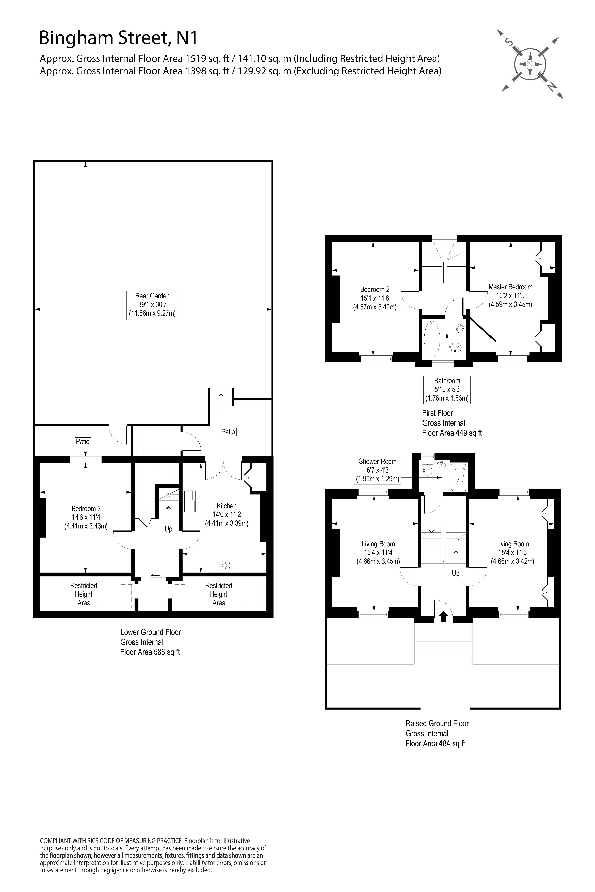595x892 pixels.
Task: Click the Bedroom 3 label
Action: point(86,517)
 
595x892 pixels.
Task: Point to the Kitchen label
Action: point(227,514)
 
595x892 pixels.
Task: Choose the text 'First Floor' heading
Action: point(438,413)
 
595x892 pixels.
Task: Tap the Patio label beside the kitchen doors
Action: point(228,432)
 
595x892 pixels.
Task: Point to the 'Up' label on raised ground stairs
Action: point(455,573)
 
